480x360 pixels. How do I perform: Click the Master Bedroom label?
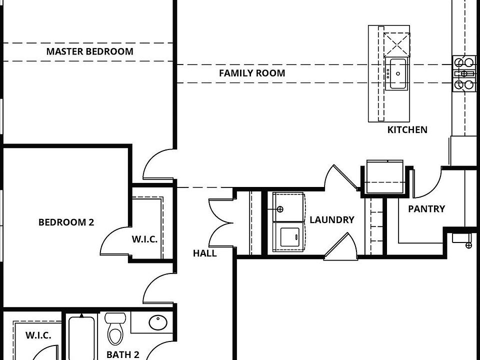click(89, 51)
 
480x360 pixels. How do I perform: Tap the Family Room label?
click(252, 73)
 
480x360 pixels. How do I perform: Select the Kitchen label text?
click(407, 129)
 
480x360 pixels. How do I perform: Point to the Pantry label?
click(426, 209)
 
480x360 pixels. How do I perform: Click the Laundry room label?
click(332, 219)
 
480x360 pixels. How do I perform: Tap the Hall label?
click(205, 253)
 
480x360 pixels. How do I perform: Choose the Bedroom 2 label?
click(66, 222)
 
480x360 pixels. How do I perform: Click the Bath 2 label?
click(123, 354)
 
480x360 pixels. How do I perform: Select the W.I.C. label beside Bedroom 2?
click(144, 239)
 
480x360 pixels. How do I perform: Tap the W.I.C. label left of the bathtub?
click(38, 335)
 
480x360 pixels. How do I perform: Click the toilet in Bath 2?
click(115, 329)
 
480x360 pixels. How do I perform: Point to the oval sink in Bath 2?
click(158, 322)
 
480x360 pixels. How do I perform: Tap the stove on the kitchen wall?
click(464, 73)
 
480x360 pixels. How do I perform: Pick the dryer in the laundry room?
click(288, 237)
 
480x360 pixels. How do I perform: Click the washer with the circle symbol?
click(288, 207)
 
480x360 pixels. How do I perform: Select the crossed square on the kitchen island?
click(396, 44)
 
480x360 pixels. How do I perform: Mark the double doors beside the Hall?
click(221, 223)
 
